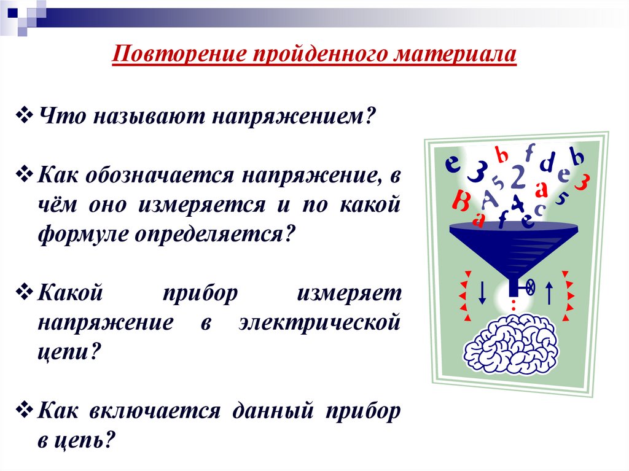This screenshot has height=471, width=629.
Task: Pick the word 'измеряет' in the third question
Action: [350, 294]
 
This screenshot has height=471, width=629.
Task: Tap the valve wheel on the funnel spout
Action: [529, 286]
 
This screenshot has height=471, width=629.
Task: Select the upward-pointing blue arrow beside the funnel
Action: [550, 291]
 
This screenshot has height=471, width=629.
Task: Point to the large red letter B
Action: [460, 200]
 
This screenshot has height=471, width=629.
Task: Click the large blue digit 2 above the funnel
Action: [518, 178]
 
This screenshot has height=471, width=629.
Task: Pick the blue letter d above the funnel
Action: [545, 165]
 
